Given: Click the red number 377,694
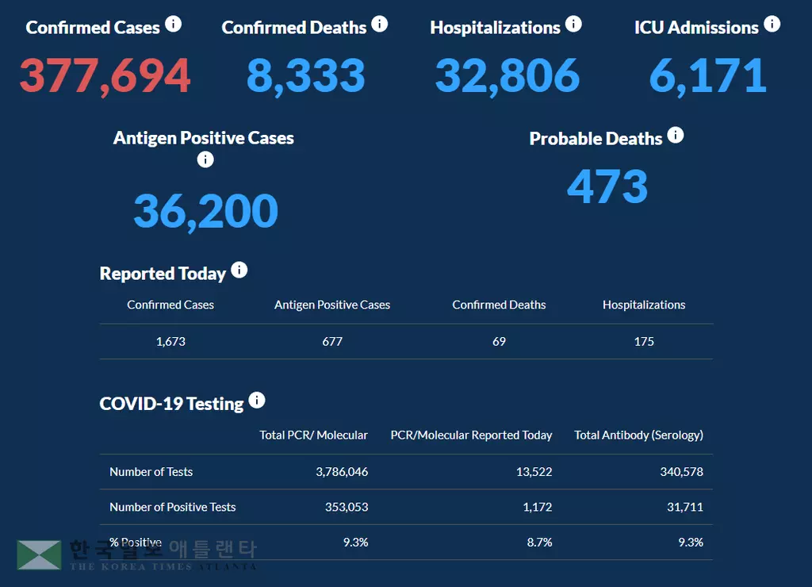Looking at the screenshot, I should [105, 75].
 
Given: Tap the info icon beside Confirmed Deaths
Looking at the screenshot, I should [380, 24].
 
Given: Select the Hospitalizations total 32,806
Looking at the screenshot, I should [507, 75].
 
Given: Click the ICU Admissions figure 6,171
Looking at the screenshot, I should [707, 75].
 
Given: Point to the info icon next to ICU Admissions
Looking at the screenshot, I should [772, 24].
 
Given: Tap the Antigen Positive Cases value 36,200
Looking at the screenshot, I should [205, 211].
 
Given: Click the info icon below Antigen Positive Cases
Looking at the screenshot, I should [205, 159].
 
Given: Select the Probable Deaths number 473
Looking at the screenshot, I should [607, 187].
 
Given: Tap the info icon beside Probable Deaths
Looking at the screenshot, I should [675, 135].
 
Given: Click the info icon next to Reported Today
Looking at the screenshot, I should [239, 270].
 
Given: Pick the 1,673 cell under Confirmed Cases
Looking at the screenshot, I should [170, 341].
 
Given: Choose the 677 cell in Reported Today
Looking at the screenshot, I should [332, 341].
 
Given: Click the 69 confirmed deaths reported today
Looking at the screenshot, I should [499, 341].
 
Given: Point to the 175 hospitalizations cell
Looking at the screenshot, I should [644, 341].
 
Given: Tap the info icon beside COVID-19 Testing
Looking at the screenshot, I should [257, 401].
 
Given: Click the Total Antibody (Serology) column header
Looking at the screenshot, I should [638, 435].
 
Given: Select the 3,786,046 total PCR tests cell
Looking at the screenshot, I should [342, 471].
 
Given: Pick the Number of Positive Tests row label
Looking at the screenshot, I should [172, 507].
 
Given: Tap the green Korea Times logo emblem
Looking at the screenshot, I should [39, 555].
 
